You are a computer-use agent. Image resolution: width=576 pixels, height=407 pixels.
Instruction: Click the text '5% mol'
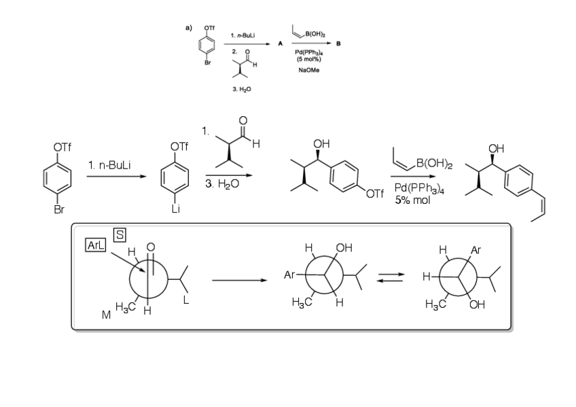click(413, 200)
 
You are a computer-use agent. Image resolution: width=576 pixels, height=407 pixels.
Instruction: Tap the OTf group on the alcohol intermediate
click(374, 196)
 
